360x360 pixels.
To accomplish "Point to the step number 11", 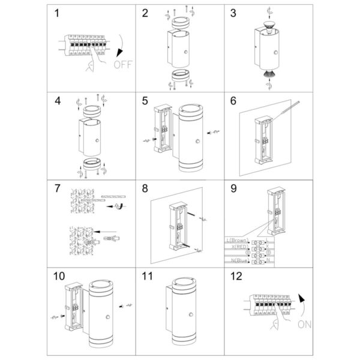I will coord(148,277).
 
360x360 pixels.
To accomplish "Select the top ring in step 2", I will coord(179,23).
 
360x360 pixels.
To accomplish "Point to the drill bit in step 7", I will coord(110,197).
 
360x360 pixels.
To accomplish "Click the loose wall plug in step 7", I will coord(111,238).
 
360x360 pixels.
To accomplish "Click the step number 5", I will coord(145,100).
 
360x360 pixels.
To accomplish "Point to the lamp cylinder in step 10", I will coord(103,312).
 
